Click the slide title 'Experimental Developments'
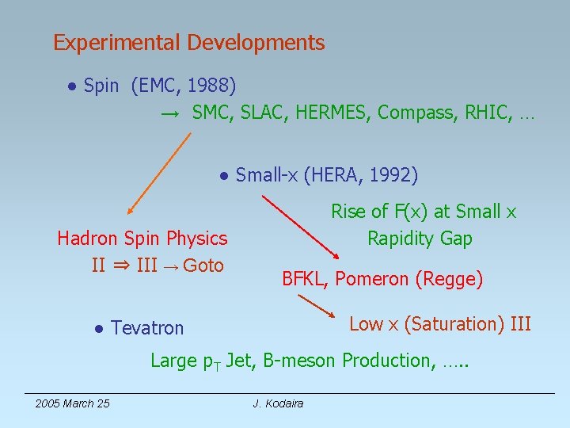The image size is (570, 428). pos(188,43)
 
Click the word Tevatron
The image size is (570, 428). pos(147,328)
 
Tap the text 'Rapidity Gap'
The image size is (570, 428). pos(420,239)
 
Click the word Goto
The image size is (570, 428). pos(203,266)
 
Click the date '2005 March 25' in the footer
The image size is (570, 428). pos(72,403)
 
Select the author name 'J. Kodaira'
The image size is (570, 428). pos(278,403)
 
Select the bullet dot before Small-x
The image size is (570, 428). pos(225,175)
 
